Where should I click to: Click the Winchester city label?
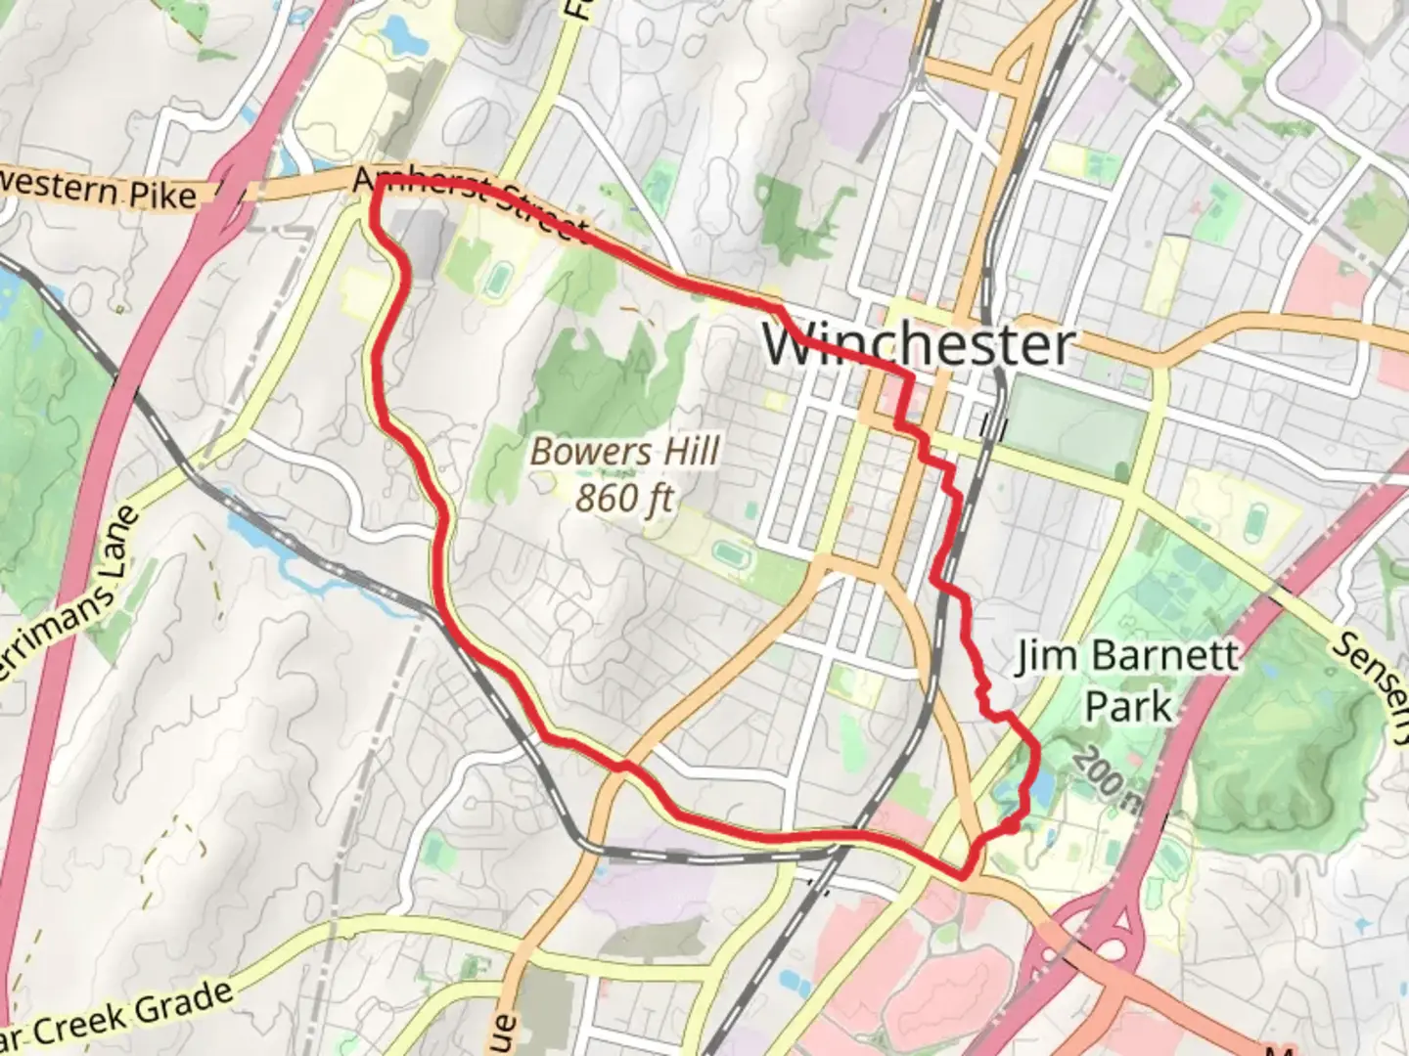(918, 344)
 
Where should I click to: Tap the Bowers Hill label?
(624, 452)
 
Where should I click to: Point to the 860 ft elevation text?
(624, 498)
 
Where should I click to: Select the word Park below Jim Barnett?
(1128, 706)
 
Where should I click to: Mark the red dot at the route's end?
(1010, 826)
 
